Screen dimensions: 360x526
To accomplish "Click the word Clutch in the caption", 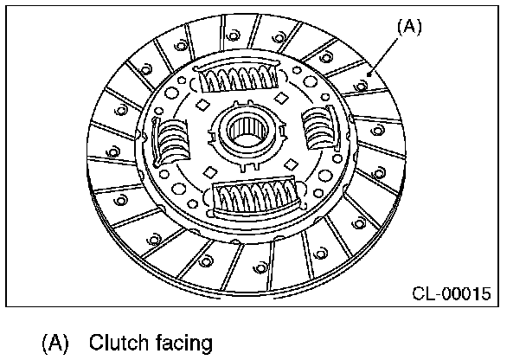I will coord(121,343).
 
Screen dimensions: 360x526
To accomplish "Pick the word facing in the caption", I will coord(183,344).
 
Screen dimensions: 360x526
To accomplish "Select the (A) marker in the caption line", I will coord(55,343).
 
